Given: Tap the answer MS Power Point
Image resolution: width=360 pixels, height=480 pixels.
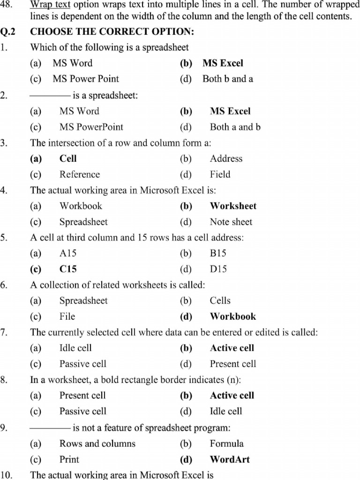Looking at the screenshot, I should click(x=86, y=79).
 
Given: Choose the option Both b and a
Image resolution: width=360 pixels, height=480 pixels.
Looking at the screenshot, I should click(x=228, y=79).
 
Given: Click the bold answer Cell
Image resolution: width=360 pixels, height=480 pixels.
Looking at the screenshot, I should click(x=68, y=158).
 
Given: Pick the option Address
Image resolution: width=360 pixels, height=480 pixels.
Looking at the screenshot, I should click(x=226, y=158).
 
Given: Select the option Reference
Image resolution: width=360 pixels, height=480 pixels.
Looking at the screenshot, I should click(x=80, y=174).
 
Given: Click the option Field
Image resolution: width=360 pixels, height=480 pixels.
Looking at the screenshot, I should click(x=220, y=174).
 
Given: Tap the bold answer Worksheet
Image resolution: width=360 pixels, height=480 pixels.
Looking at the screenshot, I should click(x=233, y=206).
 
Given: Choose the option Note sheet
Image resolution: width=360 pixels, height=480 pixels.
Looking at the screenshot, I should click(x=231, y=222).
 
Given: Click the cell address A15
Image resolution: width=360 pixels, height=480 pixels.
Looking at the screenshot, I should click(x=68, y=253).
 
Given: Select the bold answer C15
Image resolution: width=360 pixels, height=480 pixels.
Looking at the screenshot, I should click(x=68, y=269).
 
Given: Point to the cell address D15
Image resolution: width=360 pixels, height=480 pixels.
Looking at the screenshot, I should click(x=218, y=269).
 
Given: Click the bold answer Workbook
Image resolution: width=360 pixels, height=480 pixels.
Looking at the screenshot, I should click(x=232, y=316).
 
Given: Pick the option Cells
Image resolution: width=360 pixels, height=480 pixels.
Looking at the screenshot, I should click(x=220, y=300).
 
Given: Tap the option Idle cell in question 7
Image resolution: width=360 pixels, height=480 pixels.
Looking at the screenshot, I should click(x=75, y=348).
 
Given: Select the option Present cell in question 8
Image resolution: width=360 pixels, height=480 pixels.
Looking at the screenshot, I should click(x=82, y=395).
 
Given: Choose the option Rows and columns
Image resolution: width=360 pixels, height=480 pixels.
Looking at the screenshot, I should click(x=97, y=443).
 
